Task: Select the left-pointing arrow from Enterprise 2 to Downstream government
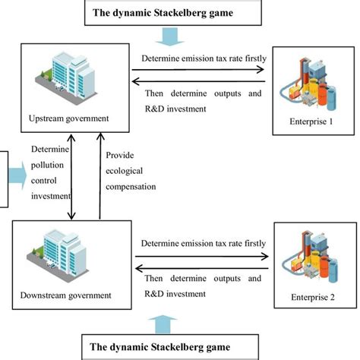[x=200, y=268]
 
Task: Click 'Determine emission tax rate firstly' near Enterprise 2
[x=203, y=243]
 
